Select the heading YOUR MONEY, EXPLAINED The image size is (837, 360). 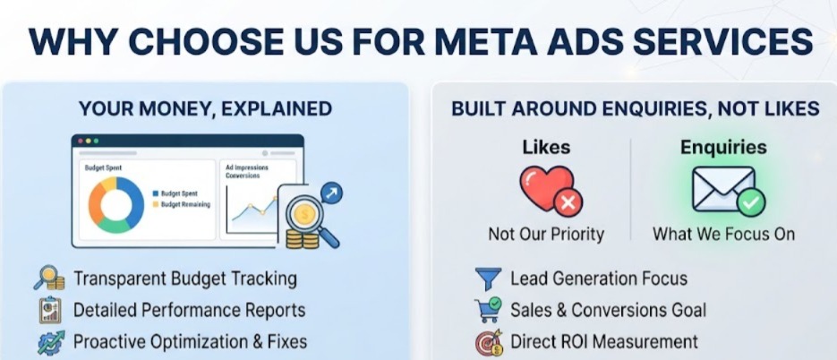[x=206, y=109]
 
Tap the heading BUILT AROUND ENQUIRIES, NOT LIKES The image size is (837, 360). [x=636, y=109]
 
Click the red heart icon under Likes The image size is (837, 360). [x=547, y=187]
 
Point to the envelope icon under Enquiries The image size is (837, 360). [x=724, y=189]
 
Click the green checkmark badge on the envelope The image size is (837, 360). [x=751, y=202]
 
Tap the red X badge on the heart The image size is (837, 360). [x=568, y=202]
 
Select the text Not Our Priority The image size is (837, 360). [x=546, y=234]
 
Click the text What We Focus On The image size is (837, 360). [x=724, y=234]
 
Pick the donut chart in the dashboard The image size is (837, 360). [x=116, y=204]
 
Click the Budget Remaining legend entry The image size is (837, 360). [x=182, y=204]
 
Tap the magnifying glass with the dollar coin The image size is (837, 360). [x=311, y=220]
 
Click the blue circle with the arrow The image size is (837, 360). [x=331, y=193]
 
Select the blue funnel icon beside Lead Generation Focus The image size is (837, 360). [x=488, y=279]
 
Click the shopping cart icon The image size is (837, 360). [x=488, y=310]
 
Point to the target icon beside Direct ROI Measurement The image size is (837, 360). [x=489, y=342]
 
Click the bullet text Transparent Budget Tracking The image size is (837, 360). [x=184, y=279]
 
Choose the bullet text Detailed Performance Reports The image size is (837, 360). [x=190, y=311]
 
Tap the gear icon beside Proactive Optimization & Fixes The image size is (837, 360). [x=51, y=342]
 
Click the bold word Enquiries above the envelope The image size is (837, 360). [x=723, y=148]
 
